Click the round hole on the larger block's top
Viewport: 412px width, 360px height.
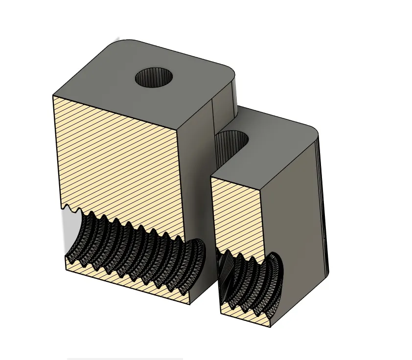click(155, 78)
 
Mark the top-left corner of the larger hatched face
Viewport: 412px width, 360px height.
click(53, 95)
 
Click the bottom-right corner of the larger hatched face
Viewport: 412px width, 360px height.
click(190, 304)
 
